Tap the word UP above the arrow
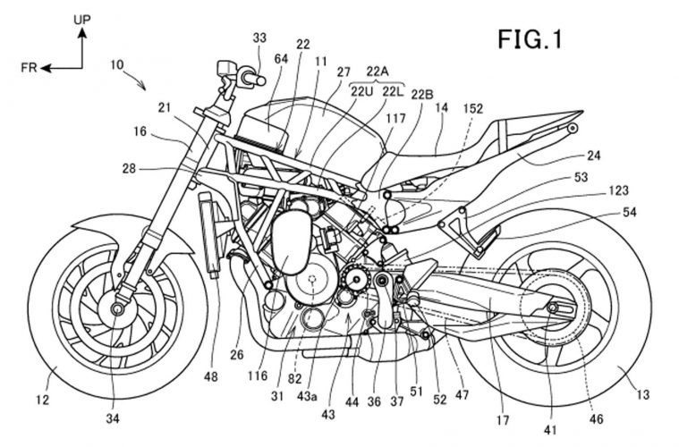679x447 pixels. [81, 15]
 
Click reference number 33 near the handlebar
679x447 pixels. [259, 38]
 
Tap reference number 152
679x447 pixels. [473, 108]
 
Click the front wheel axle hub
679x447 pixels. [116, 308]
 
